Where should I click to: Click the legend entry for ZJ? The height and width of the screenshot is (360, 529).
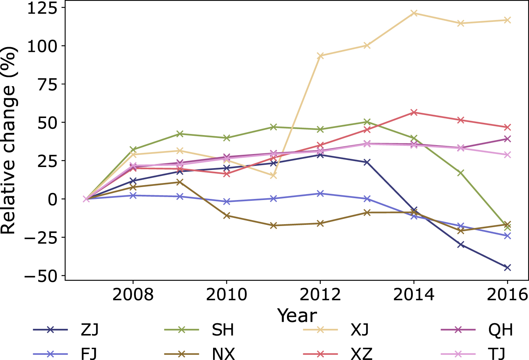(x=89, y=330)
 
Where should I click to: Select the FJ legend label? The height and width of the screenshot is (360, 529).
(x=89, y=354)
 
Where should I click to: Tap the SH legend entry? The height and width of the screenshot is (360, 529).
(x=223, y=330)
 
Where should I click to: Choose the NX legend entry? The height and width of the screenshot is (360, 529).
(x=223, y=354)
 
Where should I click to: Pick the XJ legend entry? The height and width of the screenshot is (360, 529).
(x=360, y=330)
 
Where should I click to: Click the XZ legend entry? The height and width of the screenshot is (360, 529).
(x=361, y=354)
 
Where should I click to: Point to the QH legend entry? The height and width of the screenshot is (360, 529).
(x=501, y=330)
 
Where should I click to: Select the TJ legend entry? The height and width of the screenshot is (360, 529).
(x=497, y=354)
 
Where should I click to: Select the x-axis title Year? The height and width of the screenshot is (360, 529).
(x=297, y=315)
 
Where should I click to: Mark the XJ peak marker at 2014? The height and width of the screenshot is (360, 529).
(x=414, y=13)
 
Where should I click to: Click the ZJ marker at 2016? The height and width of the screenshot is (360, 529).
(x=507, y=268)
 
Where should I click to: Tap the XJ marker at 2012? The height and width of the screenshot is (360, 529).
(x=320, y=56)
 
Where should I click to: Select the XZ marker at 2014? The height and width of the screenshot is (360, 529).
(x=414, y=112)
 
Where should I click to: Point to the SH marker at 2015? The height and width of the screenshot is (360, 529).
(x=461, y=173)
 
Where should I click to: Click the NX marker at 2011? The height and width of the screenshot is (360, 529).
(x=273, y=225)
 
